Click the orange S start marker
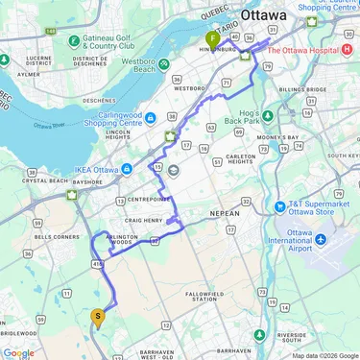tap(97, 316)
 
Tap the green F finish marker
tap(212, 38)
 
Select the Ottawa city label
tap(270, 15)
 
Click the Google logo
tap(18, 352)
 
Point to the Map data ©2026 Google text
tap(324, 355)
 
